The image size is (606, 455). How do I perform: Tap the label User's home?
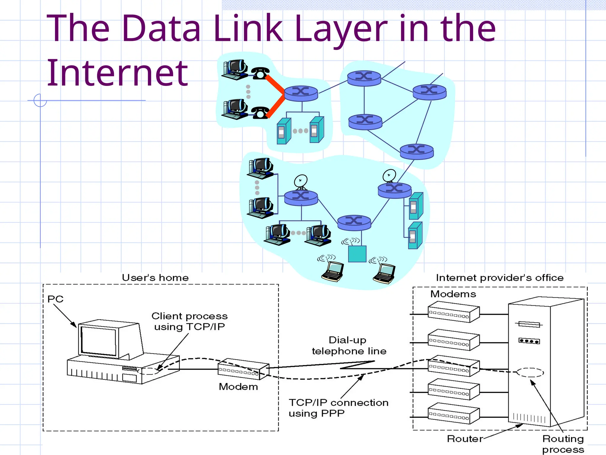(155, 278)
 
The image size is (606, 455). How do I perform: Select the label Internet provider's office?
(499, 278)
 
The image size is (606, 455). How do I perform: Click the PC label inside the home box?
(55, 299)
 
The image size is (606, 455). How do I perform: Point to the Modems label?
(453, 294)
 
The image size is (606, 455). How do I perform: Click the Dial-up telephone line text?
(349, 345)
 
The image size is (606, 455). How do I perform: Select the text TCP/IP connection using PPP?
(338, 408)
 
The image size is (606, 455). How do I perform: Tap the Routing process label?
(563, 444)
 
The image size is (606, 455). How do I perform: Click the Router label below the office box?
(465, 439)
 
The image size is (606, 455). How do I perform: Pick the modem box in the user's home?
(243, 369)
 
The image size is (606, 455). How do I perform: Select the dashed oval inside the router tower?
(530, 372)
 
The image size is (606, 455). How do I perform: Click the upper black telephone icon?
(260, 73)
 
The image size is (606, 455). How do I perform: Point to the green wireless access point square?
(357, 254)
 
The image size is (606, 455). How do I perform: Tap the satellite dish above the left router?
(301, 181)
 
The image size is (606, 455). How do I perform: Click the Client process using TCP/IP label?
(189, 321)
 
